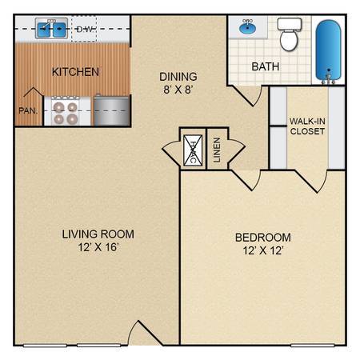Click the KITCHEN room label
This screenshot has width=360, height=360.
(75, 72)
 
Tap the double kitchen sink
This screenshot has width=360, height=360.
(51, 29)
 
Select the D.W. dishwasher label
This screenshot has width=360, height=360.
(85, 29)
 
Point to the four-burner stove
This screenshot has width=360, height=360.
(66, 111)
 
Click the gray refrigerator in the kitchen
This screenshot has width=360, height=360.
(111, 110)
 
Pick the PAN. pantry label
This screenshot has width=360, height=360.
(28, 110)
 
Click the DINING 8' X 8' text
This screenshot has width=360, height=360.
(178, 83)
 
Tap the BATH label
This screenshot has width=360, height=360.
(266, 66)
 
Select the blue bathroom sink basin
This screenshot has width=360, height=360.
(248, 27)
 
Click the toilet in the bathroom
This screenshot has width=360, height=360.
(289, 34)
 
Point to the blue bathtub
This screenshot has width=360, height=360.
(328, 50)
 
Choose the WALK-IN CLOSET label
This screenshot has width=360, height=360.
(307, 126)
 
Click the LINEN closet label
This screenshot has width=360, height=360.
(217, 150)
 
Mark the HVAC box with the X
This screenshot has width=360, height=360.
(193, 150)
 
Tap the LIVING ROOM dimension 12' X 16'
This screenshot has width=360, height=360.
(98, 247)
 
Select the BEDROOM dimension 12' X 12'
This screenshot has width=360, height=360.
(263, 250)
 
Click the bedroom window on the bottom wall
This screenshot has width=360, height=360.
(312, 346)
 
